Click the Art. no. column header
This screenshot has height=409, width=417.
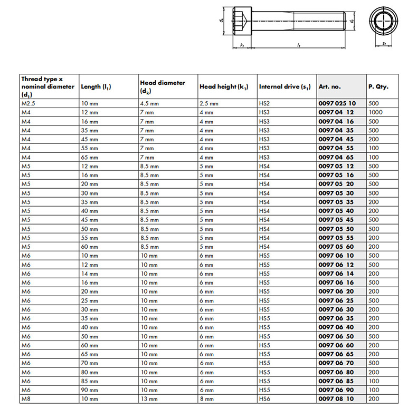[x=330, y=86]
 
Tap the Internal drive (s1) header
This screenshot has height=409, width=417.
[x=285, y=86]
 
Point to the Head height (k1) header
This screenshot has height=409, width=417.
[x=224, y=86]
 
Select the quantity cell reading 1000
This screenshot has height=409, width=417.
[x=376, y=113]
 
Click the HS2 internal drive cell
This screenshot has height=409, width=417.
[x=264, y=104]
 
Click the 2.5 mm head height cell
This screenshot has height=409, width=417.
[x=209, y=104]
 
